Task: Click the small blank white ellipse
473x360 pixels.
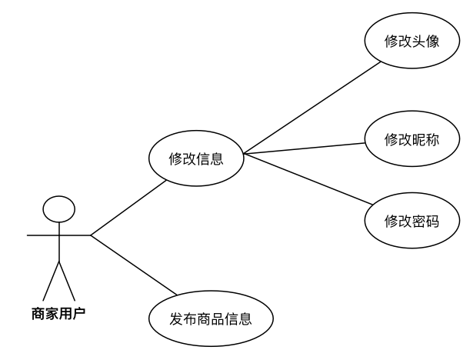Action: coord(59,209)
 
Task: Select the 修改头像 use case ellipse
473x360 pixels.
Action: coord(411,41)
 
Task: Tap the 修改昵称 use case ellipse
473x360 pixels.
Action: coord(411,139)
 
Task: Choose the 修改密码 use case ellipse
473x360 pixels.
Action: coord(411,222)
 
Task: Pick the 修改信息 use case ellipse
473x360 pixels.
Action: coord(196,159)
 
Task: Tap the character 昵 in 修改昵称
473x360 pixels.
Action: coord(418,140)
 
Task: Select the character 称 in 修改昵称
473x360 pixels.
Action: coord(432,140)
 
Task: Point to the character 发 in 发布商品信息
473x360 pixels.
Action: coord(177,318)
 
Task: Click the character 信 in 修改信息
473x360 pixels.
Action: coord(203,160)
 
